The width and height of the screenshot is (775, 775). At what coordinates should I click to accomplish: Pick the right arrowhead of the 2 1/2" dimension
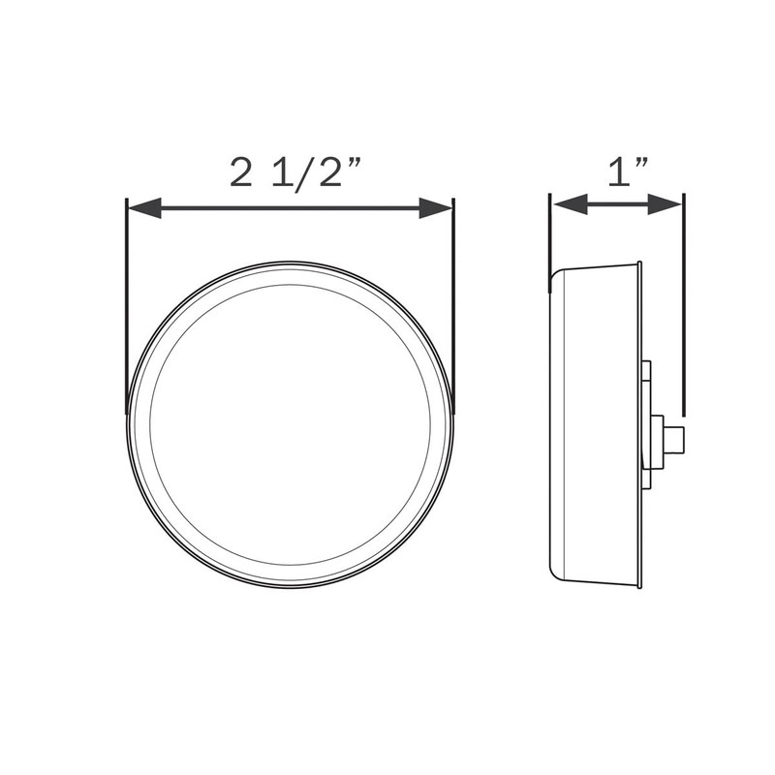tap(437, 207)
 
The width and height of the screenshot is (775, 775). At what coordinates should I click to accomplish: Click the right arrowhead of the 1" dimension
tap(667, 203)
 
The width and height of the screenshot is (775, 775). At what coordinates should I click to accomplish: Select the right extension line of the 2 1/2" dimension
tap(452, 300)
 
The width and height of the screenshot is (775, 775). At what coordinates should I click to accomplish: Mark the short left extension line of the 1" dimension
tap(550, 232)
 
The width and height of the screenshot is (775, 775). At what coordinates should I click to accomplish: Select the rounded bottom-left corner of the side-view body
tap(555, 572)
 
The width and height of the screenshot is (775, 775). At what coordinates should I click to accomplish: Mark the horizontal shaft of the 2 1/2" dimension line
tap(291, 207)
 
